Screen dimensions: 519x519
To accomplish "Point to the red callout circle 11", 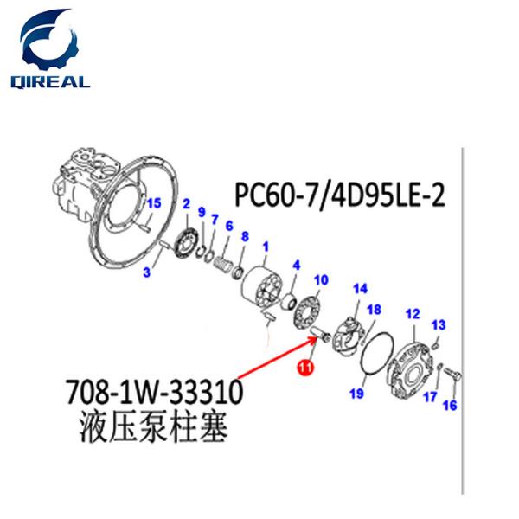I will pyautogui.click(x=304, y=369).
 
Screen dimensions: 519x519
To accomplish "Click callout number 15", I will pyautogui.click(x=153, y=204).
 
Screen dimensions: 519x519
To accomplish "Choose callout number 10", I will pyautogui.click(x=320, y=279).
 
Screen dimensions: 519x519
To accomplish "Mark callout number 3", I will pyautogui.click(x=147, y=272).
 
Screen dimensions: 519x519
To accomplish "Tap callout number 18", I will pyautogui.click(x=374, y=309).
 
